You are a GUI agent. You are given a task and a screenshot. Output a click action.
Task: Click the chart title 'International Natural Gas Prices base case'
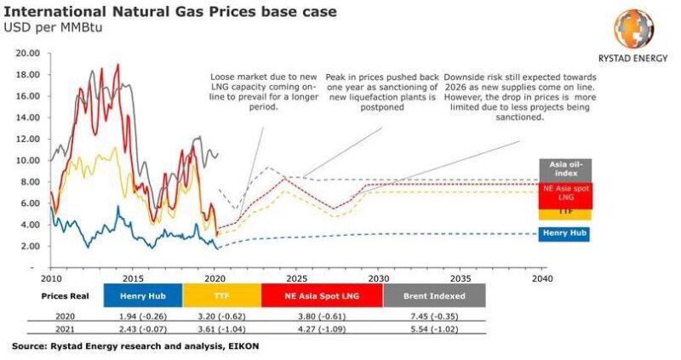click(x=170, y=12)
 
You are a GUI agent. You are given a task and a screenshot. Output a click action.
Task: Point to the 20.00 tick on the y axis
click(x=28, y=53)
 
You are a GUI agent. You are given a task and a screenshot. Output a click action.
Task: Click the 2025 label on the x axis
click(x=295, y=278)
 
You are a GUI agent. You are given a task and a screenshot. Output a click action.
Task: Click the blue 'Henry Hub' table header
click(x=142, y=295)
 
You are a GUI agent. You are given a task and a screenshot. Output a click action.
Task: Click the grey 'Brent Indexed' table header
click(x=434, y=295)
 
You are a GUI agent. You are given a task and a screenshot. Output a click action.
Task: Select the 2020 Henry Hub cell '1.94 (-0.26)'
click(x=142, y=314)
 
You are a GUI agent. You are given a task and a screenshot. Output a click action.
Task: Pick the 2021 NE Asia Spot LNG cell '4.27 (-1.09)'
click(x=323, y=328)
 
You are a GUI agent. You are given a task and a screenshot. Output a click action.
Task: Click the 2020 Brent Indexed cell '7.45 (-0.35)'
click(x=434, y=314)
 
